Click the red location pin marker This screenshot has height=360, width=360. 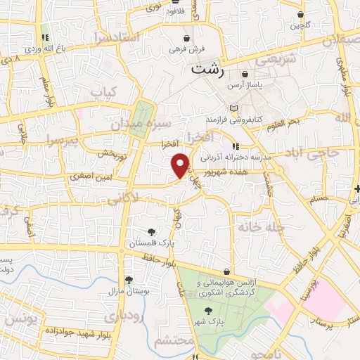coord(181,165)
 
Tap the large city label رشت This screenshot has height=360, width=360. coord(210,70)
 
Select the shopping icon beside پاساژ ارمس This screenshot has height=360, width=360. coord(245,74)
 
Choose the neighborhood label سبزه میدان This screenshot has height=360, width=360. coord(138,124)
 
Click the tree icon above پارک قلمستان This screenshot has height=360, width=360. coord(151,232)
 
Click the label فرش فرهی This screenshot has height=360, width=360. coord(186,49)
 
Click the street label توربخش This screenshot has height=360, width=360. coord(112,153)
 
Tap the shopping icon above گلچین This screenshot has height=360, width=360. coord(300,14)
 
